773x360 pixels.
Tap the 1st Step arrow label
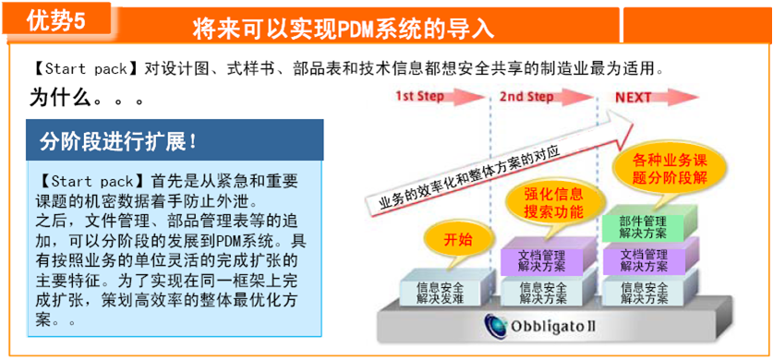coord(420,97)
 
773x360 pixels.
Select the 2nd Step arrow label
coord(525,97)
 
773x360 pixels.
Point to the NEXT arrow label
coord(633,97)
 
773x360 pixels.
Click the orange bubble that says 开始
coord(458,240)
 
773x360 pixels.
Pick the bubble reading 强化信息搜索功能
coord(553,203)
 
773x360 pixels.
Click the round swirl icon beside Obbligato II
coord(495,325)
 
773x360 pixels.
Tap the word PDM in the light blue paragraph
coord(228,242)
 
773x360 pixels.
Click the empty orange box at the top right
coord(697,26)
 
